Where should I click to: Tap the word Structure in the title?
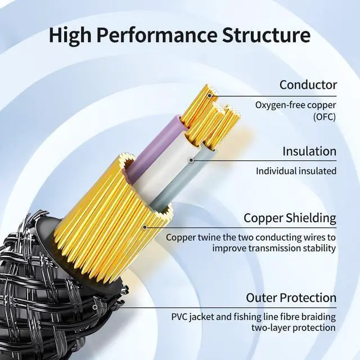tap(267, 35)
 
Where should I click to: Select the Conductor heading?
tap(308, 85)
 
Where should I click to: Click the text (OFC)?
tap(325, 116)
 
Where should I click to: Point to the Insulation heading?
tap(309, 151)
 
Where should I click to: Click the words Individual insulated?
tap(296, 171)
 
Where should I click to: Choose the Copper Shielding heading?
tap(290, 218)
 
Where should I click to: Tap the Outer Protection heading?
tap(291, 298)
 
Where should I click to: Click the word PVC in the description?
tap(180, 317)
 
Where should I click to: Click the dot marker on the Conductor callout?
tap(209, 96)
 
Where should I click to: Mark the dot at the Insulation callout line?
tap(191, 160)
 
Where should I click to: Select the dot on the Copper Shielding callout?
tap(145, 227)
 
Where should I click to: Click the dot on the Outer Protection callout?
tap(95, 307)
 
